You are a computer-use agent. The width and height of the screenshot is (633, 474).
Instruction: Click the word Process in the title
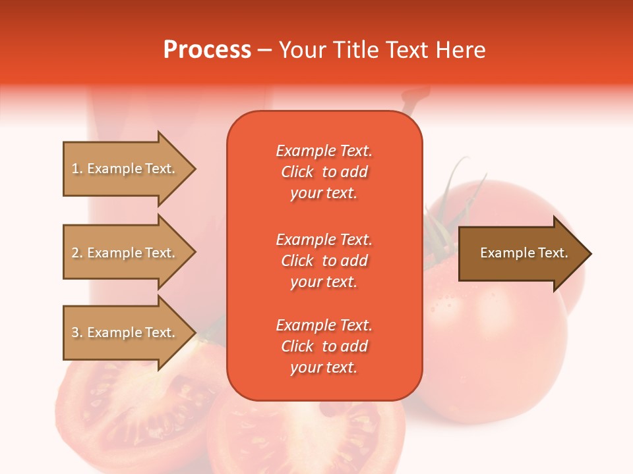207,50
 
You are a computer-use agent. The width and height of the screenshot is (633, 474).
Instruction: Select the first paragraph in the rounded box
324,172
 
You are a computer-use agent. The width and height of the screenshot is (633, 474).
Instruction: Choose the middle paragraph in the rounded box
324,261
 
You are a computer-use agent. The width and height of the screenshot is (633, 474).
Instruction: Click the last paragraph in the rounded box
324,346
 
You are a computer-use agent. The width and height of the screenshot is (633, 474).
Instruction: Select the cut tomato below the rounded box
310,434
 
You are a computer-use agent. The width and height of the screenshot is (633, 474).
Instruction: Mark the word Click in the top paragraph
297,172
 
